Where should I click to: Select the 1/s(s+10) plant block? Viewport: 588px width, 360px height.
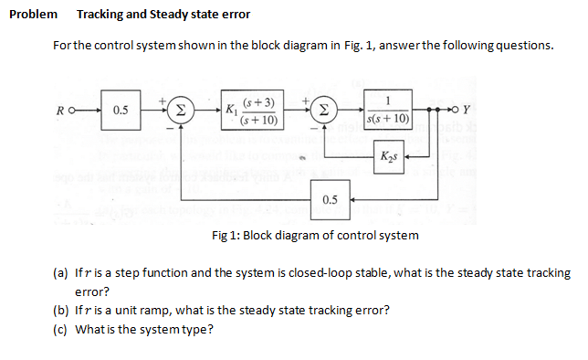[x=389, y=109]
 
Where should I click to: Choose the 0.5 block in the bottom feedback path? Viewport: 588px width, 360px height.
[x=330, y=198]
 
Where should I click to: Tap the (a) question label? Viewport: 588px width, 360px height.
[x=61, y=273]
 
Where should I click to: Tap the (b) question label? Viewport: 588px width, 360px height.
[x=61, y=310]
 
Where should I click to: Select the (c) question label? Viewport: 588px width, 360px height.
[x=61, y=329]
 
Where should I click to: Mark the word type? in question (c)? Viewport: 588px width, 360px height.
[x=198, y=329]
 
